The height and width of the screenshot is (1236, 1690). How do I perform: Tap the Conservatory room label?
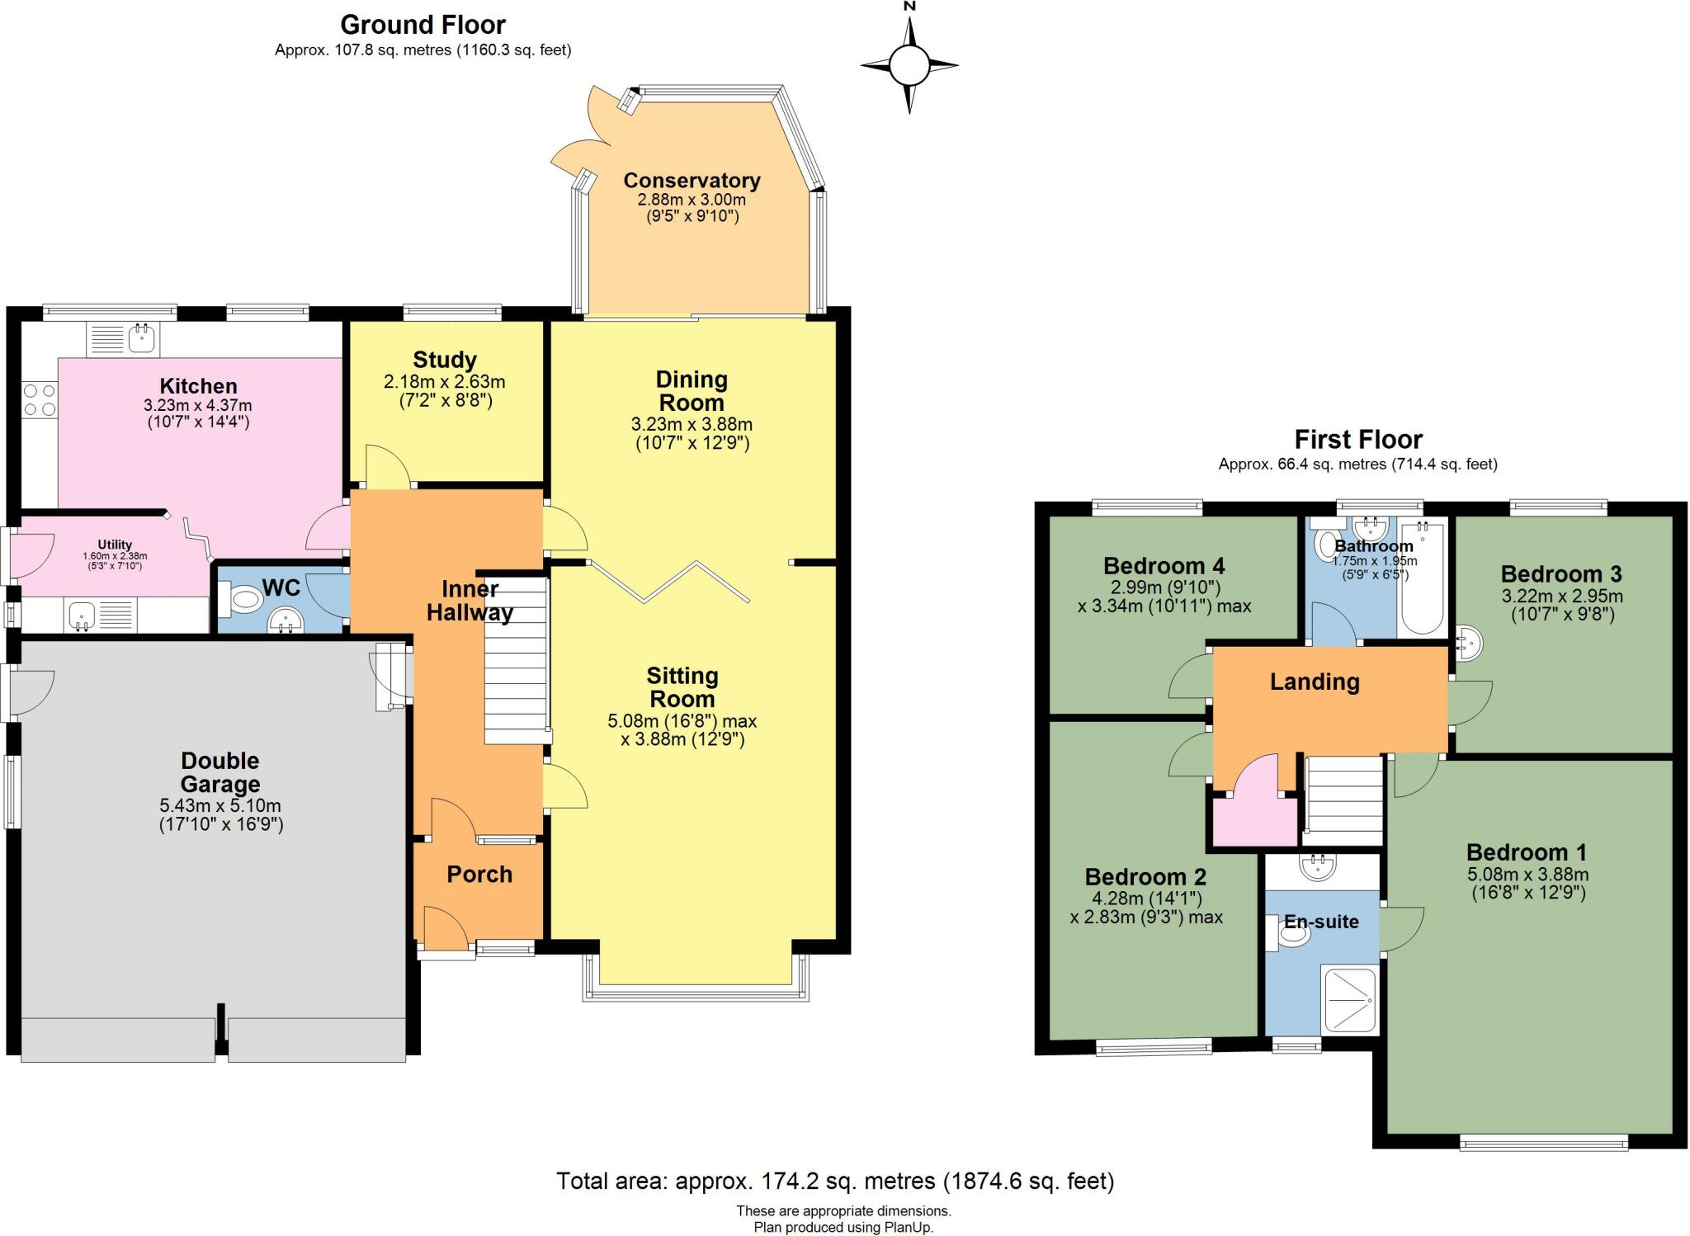pos(692,180)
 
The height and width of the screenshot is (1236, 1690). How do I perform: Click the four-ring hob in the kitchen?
pos(40,399)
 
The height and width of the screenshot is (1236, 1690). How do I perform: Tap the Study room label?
pos(445,360)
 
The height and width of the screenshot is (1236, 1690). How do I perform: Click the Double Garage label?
pos(220,772)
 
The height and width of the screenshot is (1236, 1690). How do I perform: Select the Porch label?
pos(479,875)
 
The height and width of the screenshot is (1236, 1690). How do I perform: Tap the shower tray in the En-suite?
pos(1350,1000)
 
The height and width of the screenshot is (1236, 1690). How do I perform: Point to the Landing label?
pos(1315,682)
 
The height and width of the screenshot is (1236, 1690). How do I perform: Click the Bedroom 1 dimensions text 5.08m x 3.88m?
pos(1528,875)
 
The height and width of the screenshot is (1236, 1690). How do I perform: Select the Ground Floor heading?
pos(422,25)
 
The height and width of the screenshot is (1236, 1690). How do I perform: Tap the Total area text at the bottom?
pos(835,1182)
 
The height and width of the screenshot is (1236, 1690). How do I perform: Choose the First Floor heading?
pos(1358,439)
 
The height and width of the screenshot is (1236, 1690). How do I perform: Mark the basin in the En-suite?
pos(1318,867)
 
